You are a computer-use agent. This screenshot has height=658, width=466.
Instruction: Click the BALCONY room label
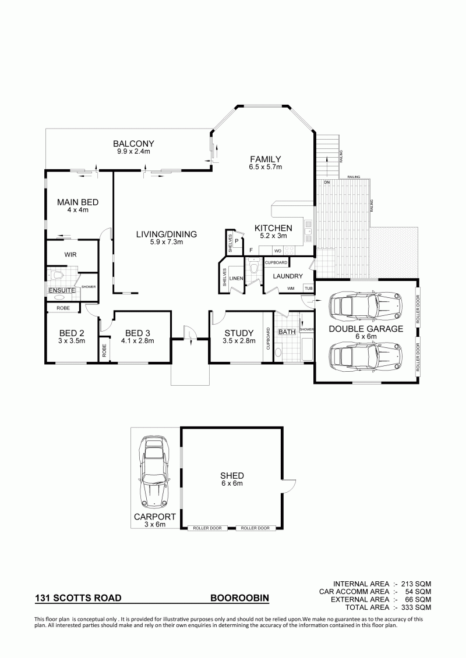click(x=133, y=144)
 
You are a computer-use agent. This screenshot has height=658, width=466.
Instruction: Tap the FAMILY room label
click(x=265, y=159)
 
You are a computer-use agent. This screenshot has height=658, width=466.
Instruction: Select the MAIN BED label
click(x=77, y=202)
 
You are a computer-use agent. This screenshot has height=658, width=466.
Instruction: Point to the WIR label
click(x=70, y=255)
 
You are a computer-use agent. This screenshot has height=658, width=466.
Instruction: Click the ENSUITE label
click(x=62, y=290)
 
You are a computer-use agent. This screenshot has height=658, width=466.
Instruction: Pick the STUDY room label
click(x=239, y=333)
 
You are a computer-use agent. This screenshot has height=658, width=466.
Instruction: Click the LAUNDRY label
click(x=288, y=276)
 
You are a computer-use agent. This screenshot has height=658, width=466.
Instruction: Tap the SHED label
click(x=232, y=475)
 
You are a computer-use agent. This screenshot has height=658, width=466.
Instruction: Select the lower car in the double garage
click(x=366, y=356)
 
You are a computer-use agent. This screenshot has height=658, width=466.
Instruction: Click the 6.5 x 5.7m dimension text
click(x=265, y=166)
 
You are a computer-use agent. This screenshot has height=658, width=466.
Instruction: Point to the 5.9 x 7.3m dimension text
click(x=167, y=242)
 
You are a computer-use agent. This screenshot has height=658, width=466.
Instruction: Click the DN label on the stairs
click(x=327, y=183)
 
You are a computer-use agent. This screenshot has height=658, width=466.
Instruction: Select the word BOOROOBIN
click(x=239, y=598)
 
